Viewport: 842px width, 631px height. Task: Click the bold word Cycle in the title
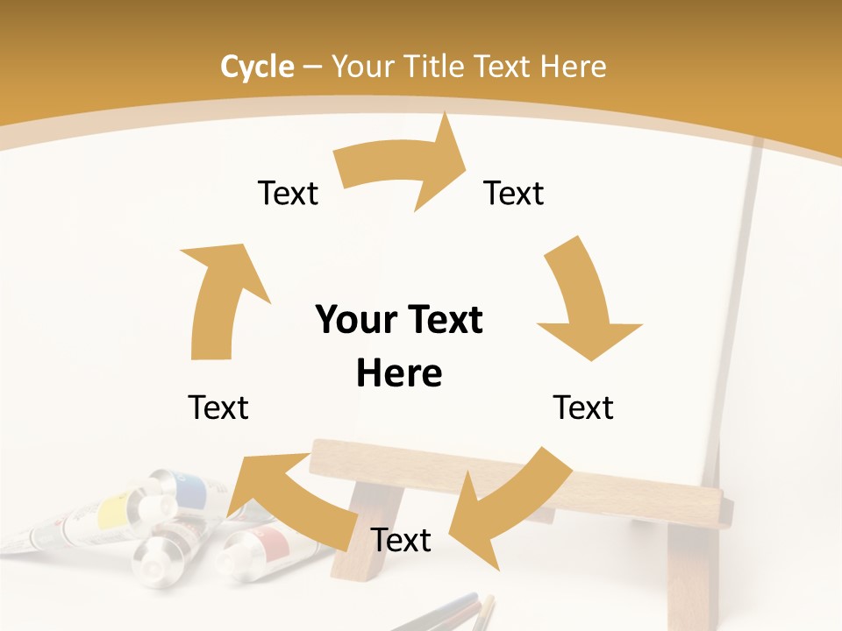[257, 67]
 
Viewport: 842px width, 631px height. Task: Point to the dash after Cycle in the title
[312, 67]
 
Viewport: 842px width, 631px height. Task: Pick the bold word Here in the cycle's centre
[399, 373]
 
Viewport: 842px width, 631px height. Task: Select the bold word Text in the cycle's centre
[444, 320]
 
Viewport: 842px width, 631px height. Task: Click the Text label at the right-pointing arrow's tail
[288, 193]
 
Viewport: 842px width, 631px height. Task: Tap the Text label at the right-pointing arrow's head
[514, 193]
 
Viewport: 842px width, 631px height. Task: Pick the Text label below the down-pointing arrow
[583, 408]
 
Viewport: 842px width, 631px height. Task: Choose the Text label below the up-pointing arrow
[218, 408]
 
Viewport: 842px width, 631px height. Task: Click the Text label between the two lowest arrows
[401, 540]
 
